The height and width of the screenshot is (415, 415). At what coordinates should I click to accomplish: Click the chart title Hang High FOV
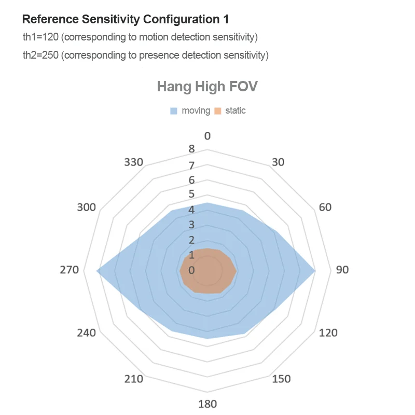(207, 86)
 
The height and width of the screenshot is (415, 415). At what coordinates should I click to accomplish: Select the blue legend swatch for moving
(174, 110)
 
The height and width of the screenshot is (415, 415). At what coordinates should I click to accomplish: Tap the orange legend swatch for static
(218, 110)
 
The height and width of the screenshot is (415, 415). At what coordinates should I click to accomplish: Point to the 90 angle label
(342, 270)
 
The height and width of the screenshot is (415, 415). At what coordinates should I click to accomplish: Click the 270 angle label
(70, 270)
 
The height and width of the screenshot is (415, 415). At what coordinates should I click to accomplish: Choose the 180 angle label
(208, 404)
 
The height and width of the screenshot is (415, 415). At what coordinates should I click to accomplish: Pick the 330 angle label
(134, 162)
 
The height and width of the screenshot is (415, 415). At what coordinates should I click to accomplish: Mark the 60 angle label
(325, 208)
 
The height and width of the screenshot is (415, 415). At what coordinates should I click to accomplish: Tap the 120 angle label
(328, 332)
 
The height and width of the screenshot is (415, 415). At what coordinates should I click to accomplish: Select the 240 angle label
(86, 333)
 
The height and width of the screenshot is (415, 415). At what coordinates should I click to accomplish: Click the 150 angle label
(281, 379)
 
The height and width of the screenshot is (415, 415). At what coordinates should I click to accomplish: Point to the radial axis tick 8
(191, 149)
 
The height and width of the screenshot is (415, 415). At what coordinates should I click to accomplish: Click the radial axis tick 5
(191, 194)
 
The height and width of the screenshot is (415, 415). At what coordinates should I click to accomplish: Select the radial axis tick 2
(191, 240)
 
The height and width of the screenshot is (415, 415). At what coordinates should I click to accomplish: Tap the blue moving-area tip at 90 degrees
(314, 271)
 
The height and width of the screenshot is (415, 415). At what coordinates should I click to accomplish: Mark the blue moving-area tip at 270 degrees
(98, 271)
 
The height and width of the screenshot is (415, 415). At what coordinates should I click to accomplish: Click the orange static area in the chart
(208, 271)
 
